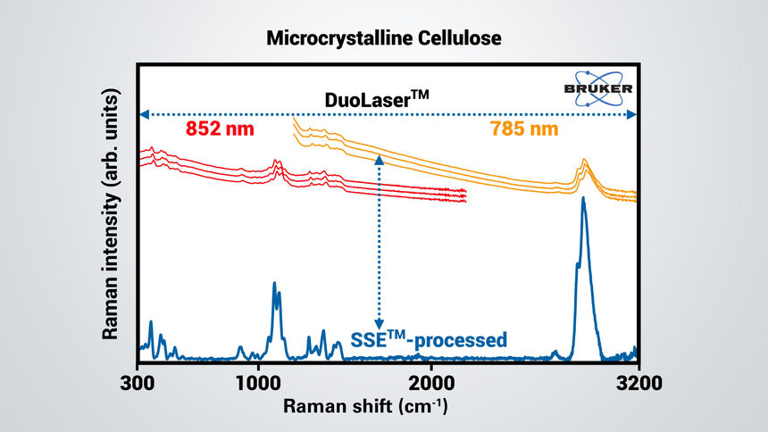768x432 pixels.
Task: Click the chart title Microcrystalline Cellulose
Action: coord(384,39)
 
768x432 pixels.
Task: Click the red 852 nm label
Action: coord(221,129)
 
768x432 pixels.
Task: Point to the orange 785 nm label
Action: coord(523,129)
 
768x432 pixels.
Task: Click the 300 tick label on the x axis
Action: coord(138,386)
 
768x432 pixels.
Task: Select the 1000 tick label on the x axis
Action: coord(258,386)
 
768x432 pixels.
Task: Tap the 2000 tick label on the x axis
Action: coord(430,386)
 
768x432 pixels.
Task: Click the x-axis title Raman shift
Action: coord(365,407)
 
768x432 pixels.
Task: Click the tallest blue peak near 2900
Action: coord(583,200)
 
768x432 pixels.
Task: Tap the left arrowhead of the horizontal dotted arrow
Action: coord(143,114)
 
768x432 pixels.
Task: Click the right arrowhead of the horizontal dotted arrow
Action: coord(632,114)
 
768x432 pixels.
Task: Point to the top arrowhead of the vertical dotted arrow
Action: coord(380,159)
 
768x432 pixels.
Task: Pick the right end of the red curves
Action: coord(464,195)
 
